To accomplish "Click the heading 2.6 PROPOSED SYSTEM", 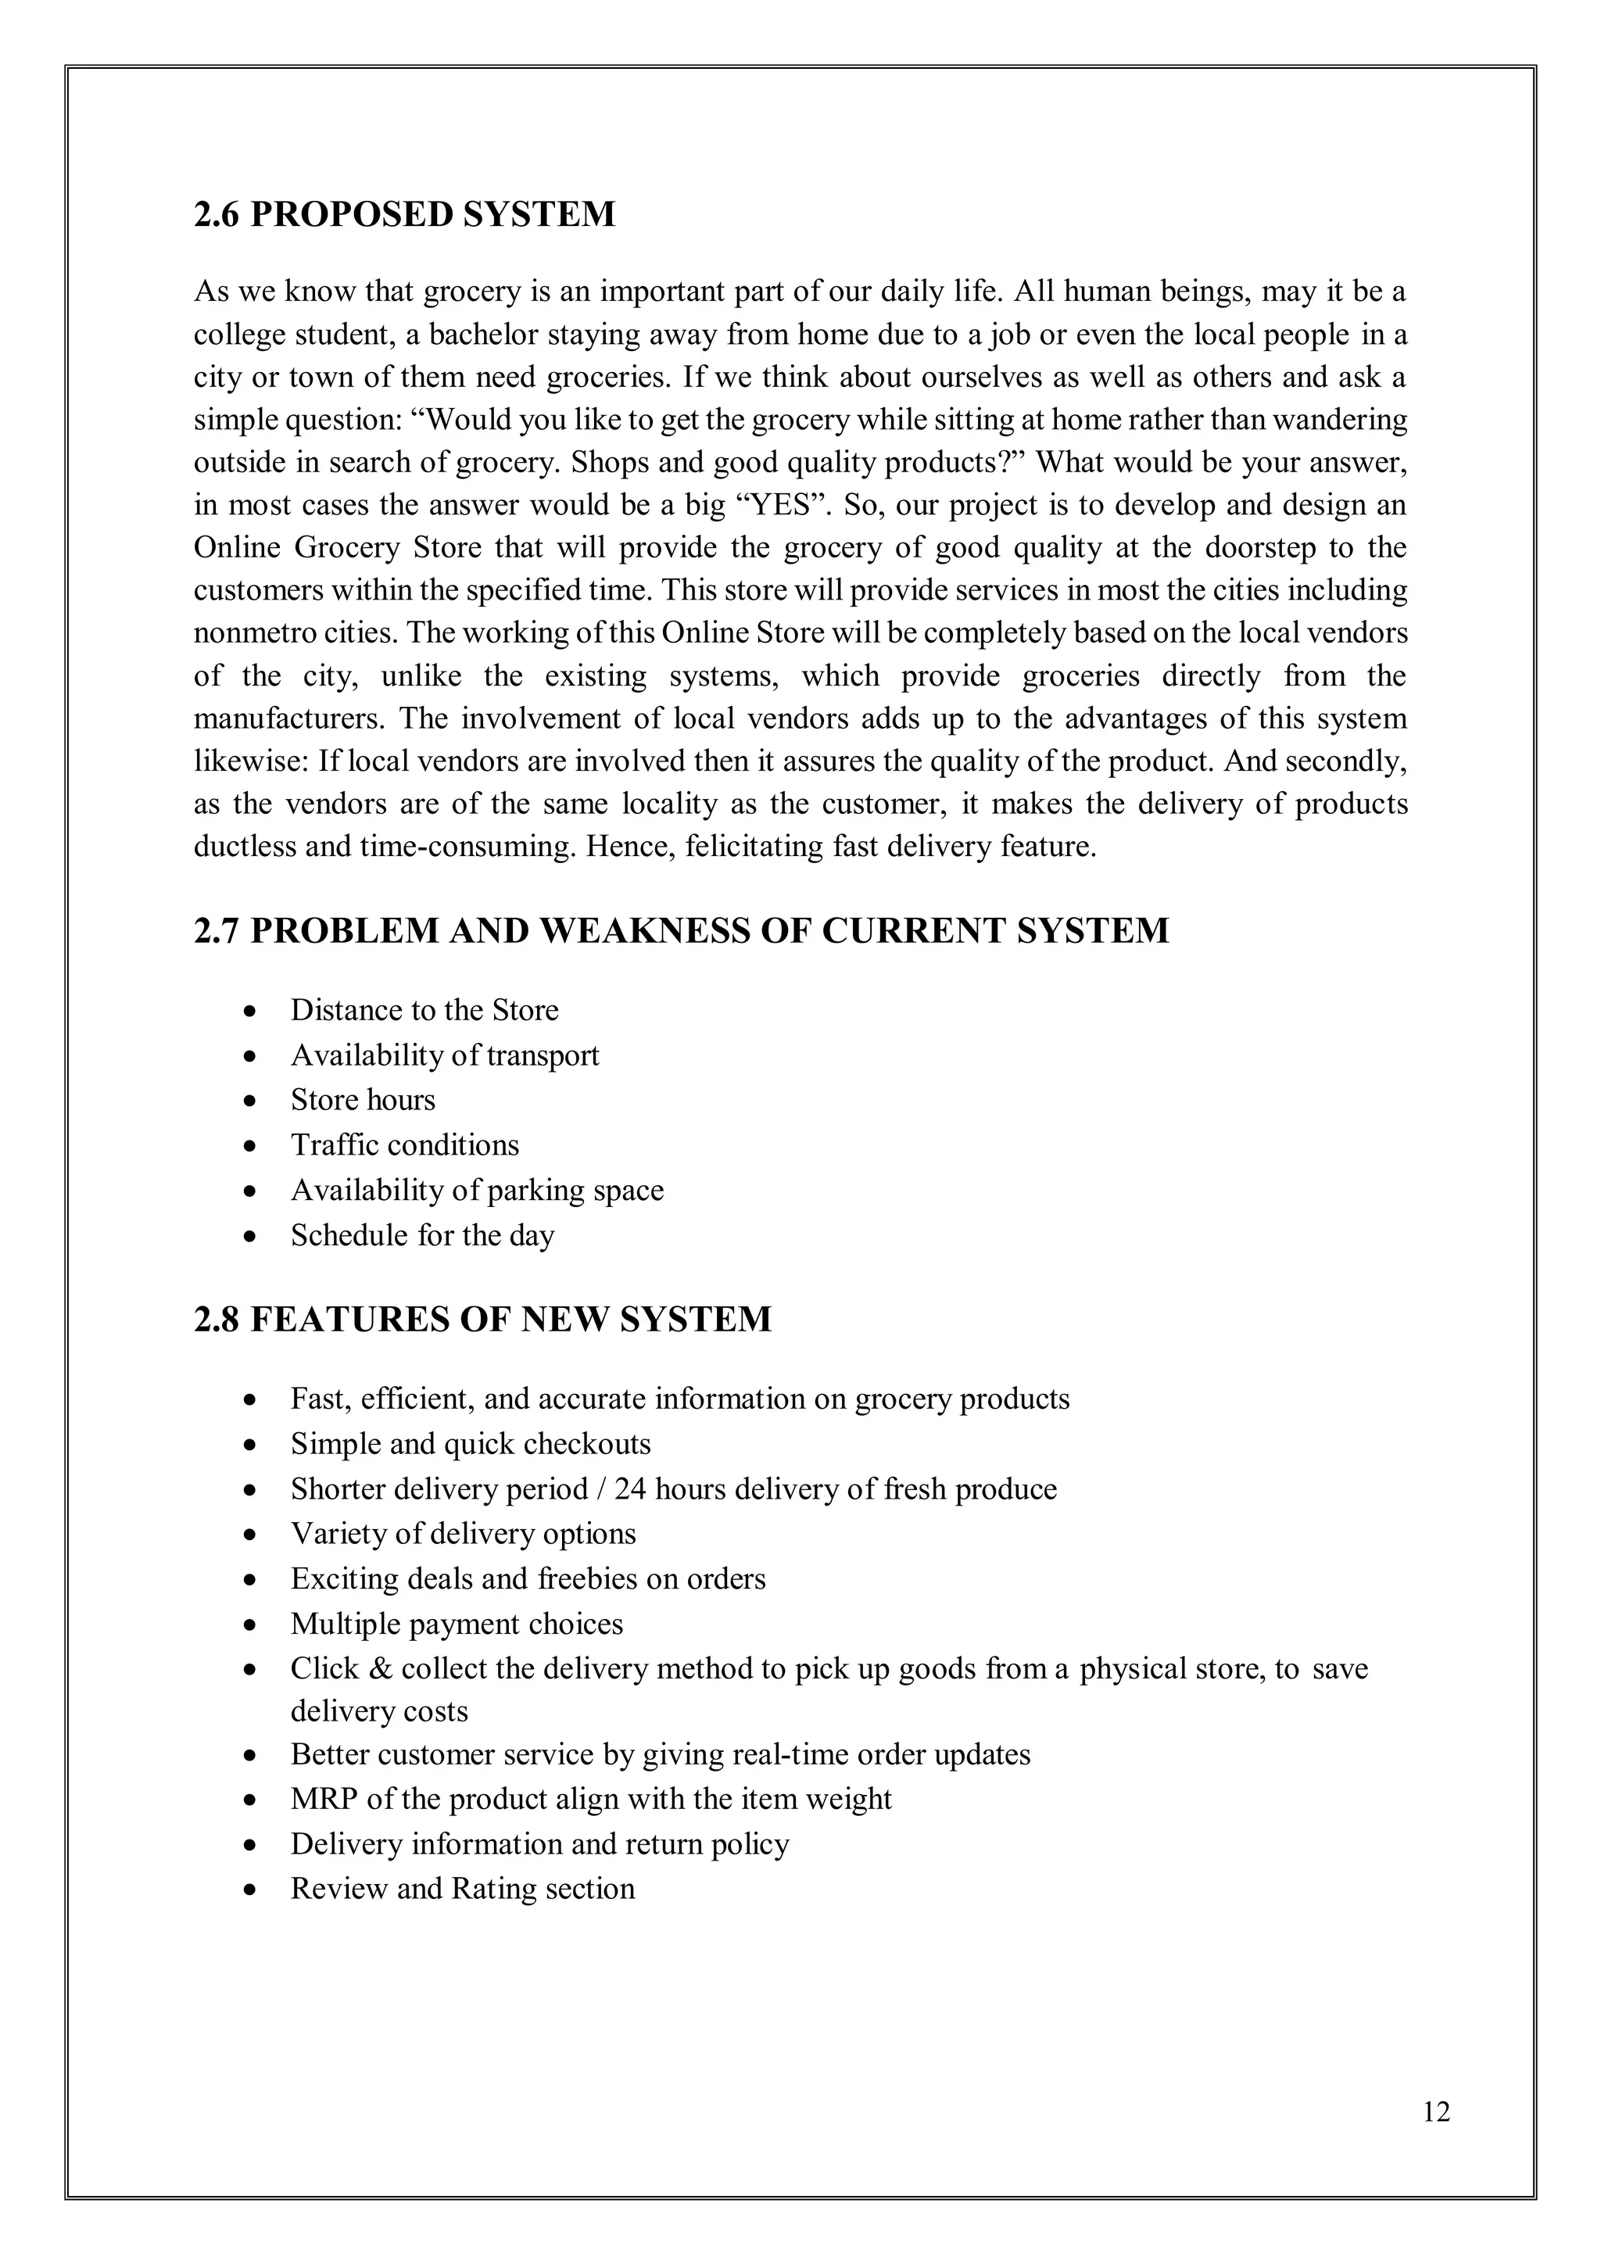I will (x=404, y=214).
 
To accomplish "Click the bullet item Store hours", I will (x=362, y=1099).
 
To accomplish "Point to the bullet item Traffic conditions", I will (x=404, y=1145).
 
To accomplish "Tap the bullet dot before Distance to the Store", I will (x=253, y=1012).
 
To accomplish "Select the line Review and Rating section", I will (x=462, y=1888).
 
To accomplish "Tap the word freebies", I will (x=586, y=1578).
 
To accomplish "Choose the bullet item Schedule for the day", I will (x=422, y=1234).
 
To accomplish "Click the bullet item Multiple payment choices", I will (x=457, y=1623).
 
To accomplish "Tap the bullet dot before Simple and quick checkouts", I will (x=253, y=1445).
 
